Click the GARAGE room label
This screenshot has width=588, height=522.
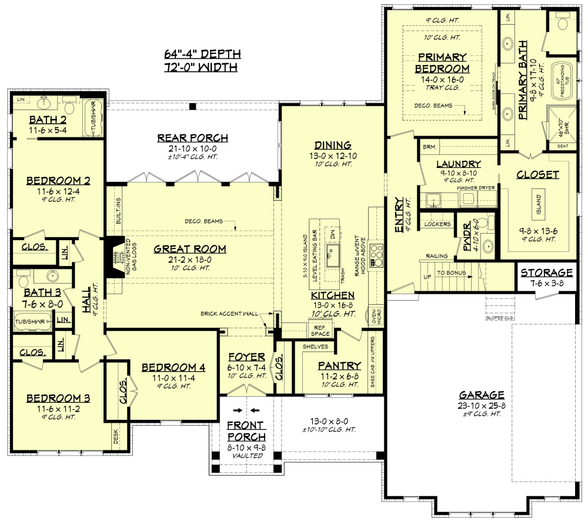point(482,395)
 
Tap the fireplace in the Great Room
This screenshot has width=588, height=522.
point(112,256)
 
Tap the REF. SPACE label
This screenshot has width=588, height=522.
point(320,330)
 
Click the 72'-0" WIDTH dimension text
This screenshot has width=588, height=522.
point(202,68)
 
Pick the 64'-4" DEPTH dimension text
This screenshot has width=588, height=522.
point(202,55)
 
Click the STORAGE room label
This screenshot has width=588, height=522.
point(546,272)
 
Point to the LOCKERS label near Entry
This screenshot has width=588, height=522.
point(437,224)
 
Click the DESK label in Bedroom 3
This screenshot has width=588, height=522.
point(116,435)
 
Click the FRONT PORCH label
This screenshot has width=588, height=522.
point(246,431)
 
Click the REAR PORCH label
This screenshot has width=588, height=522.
point(192,138)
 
